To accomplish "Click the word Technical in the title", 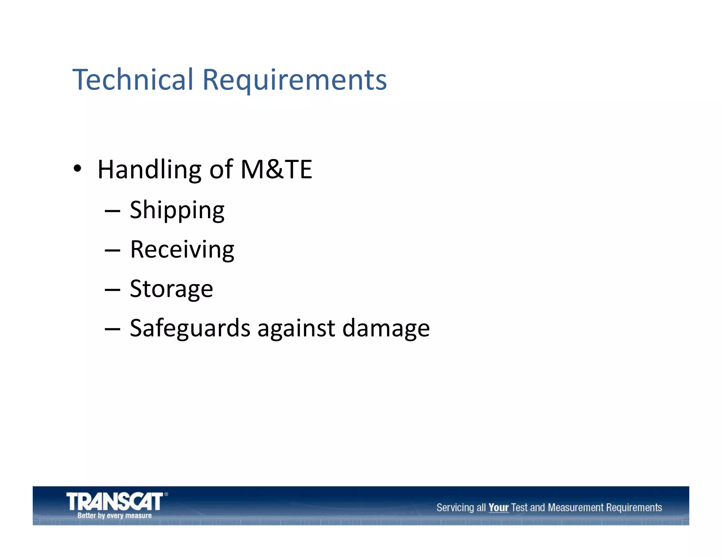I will pyautogui.click(x=133, y=79).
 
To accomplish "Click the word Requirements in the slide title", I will pyautogui.click(x=294, y=80).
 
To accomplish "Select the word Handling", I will pyautogui.click(x=149, y=170).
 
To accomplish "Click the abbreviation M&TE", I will pyautogui.click(x=276, y=169).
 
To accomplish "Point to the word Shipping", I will pyautogui.click(x=177, y=210).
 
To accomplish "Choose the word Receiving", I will pyautogui.click(x=182, y=250).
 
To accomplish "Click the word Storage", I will pyautogui.click(x=171, y=289).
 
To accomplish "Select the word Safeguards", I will pyautogui.click(x=190, y=328).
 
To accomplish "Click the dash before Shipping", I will pyautogui.click(x=112, y=211).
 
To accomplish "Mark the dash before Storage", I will pyautogui.click(x=112, y=290).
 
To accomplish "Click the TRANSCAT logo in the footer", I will pyautogui.click(x=115, y=502).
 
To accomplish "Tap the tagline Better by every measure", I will pyautogui.click(x=115, y=515).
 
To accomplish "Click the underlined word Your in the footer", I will pyautogui.click(x=498, y=508).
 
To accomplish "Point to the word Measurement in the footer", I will pyautogui.click(x=576, y=508).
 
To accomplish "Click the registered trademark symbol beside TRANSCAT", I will pyautogui.click(x=166, y=495).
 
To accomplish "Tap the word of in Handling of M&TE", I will pyautogui.click(x=221, y=169).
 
